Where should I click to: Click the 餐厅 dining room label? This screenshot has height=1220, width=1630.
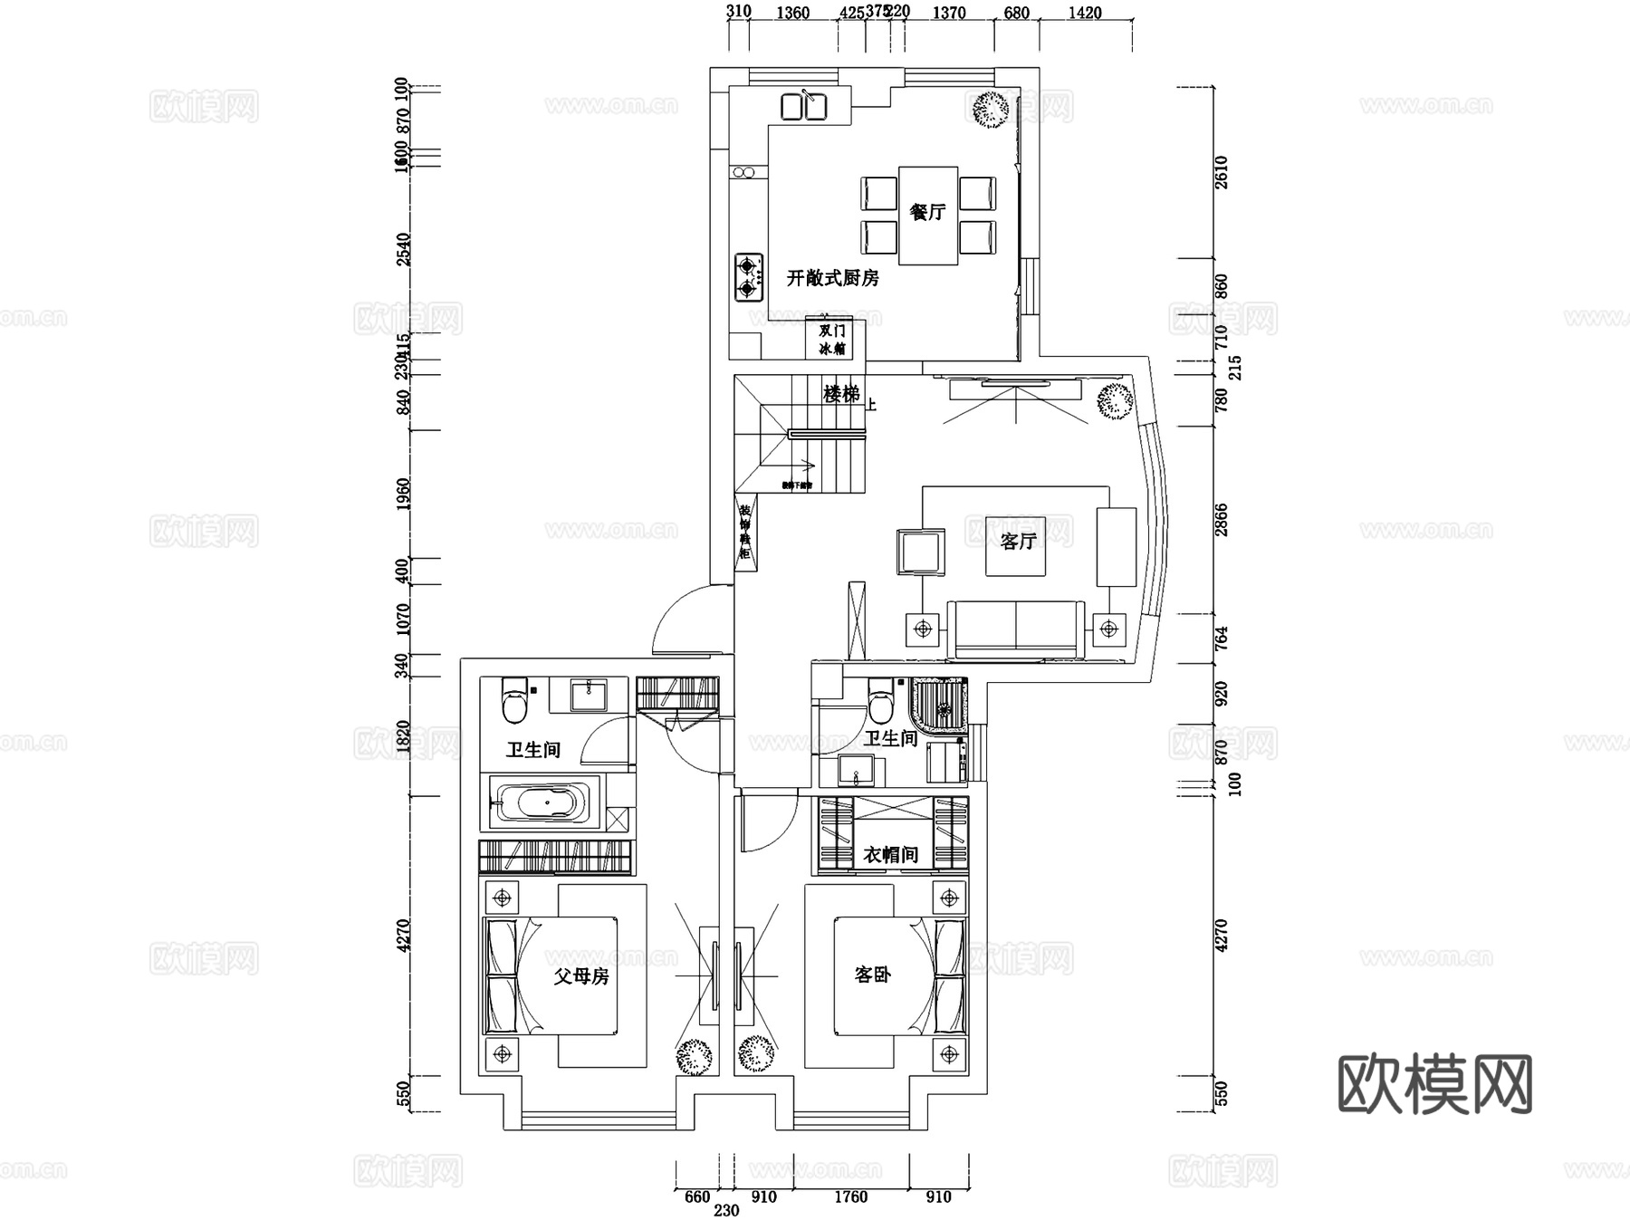point(927,212)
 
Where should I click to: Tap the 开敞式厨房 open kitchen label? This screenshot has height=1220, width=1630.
point(832,278)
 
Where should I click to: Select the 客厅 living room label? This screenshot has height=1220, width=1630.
point(1018,542)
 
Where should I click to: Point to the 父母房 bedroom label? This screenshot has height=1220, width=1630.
point(581,976)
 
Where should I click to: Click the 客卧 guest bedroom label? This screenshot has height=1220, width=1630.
point(873,975)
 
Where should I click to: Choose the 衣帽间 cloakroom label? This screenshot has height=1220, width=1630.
point(891,854)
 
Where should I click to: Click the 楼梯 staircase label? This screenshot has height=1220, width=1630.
point(841,394)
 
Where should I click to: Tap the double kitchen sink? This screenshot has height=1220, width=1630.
point(803,106)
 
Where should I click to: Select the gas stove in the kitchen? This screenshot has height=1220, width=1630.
point(748,277)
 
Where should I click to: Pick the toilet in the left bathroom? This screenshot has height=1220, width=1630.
point(514,700)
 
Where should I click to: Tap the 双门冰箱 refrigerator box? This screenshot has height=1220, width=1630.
point(832,340)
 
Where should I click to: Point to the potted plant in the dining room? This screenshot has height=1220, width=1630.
point(990,109)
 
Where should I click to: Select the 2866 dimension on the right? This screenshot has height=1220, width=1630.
point(1222,520)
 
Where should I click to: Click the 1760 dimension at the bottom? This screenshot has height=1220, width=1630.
point(850,1196)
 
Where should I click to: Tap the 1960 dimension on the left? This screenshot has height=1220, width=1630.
point(404,494)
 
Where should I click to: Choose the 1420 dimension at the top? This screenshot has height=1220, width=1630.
point(1085,13)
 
